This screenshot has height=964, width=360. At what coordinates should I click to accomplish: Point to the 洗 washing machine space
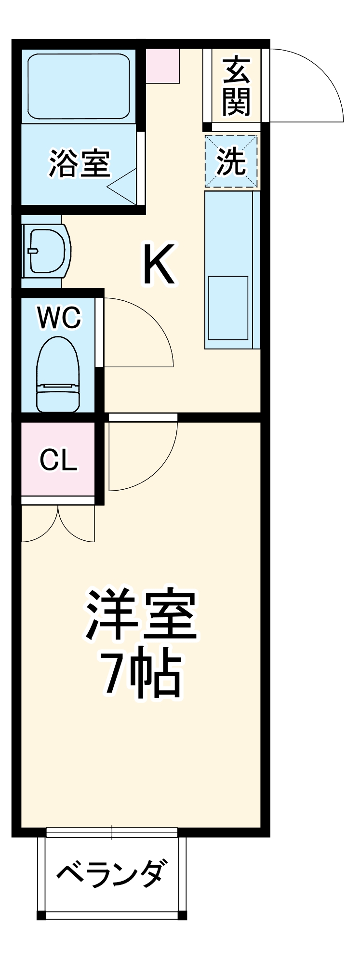[231, 161]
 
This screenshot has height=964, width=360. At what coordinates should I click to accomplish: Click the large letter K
[158, 265]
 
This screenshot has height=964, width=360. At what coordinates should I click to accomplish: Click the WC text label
[60, 318]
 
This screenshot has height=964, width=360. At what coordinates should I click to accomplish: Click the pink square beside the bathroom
[162, 66]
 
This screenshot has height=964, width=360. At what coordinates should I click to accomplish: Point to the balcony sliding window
[112, 832]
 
